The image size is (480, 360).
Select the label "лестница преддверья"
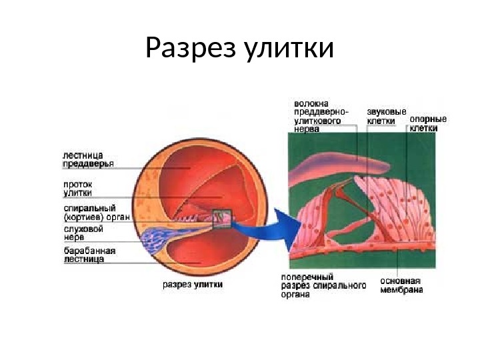[x=87, y=158]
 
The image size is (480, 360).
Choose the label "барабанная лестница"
[x=89, y=255]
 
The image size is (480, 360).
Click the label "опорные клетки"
[x=427, y=123]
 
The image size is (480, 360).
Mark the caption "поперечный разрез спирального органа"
[x=323, y=285]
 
